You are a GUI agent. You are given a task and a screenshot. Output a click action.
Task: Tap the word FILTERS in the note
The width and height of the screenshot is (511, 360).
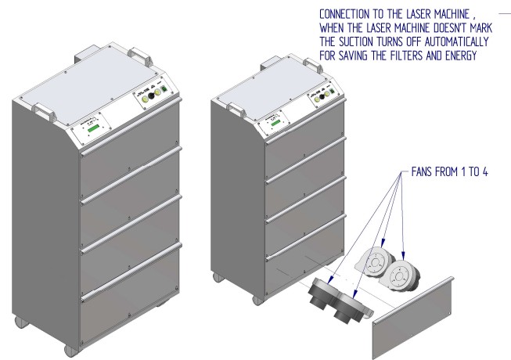(x=405, y=56)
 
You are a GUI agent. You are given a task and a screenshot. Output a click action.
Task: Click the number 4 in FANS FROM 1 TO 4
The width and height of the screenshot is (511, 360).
(x=485, y=171)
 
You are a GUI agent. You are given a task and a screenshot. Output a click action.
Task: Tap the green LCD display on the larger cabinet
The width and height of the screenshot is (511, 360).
(x=93, y=129)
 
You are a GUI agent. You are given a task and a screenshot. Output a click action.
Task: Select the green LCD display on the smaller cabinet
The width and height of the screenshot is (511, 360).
(x=275, y=123)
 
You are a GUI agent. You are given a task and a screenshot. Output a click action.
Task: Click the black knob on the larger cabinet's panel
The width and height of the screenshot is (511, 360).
(x=151, y=95)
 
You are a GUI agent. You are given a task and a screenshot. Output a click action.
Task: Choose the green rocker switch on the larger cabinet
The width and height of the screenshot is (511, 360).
(x=164, y=88)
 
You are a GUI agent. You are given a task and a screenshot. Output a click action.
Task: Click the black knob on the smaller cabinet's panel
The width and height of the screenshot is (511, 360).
(x=322, y=96)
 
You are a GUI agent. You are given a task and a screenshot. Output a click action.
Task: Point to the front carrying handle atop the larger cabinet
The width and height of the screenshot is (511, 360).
(x=44, y=112)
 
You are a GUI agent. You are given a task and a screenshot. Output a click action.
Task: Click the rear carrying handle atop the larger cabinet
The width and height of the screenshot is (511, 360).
(x=140, y=56)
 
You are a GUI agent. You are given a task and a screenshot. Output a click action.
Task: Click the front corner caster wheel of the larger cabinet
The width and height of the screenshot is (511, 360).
(x=71, y=350)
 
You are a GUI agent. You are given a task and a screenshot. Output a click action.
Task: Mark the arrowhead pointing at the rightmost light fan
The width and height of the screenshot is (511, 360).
(x=404, y=256)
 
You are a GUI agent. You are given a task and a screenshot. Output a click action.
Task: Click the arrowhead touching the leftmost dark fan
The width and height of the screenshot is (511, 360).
(x=330, y=279)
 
